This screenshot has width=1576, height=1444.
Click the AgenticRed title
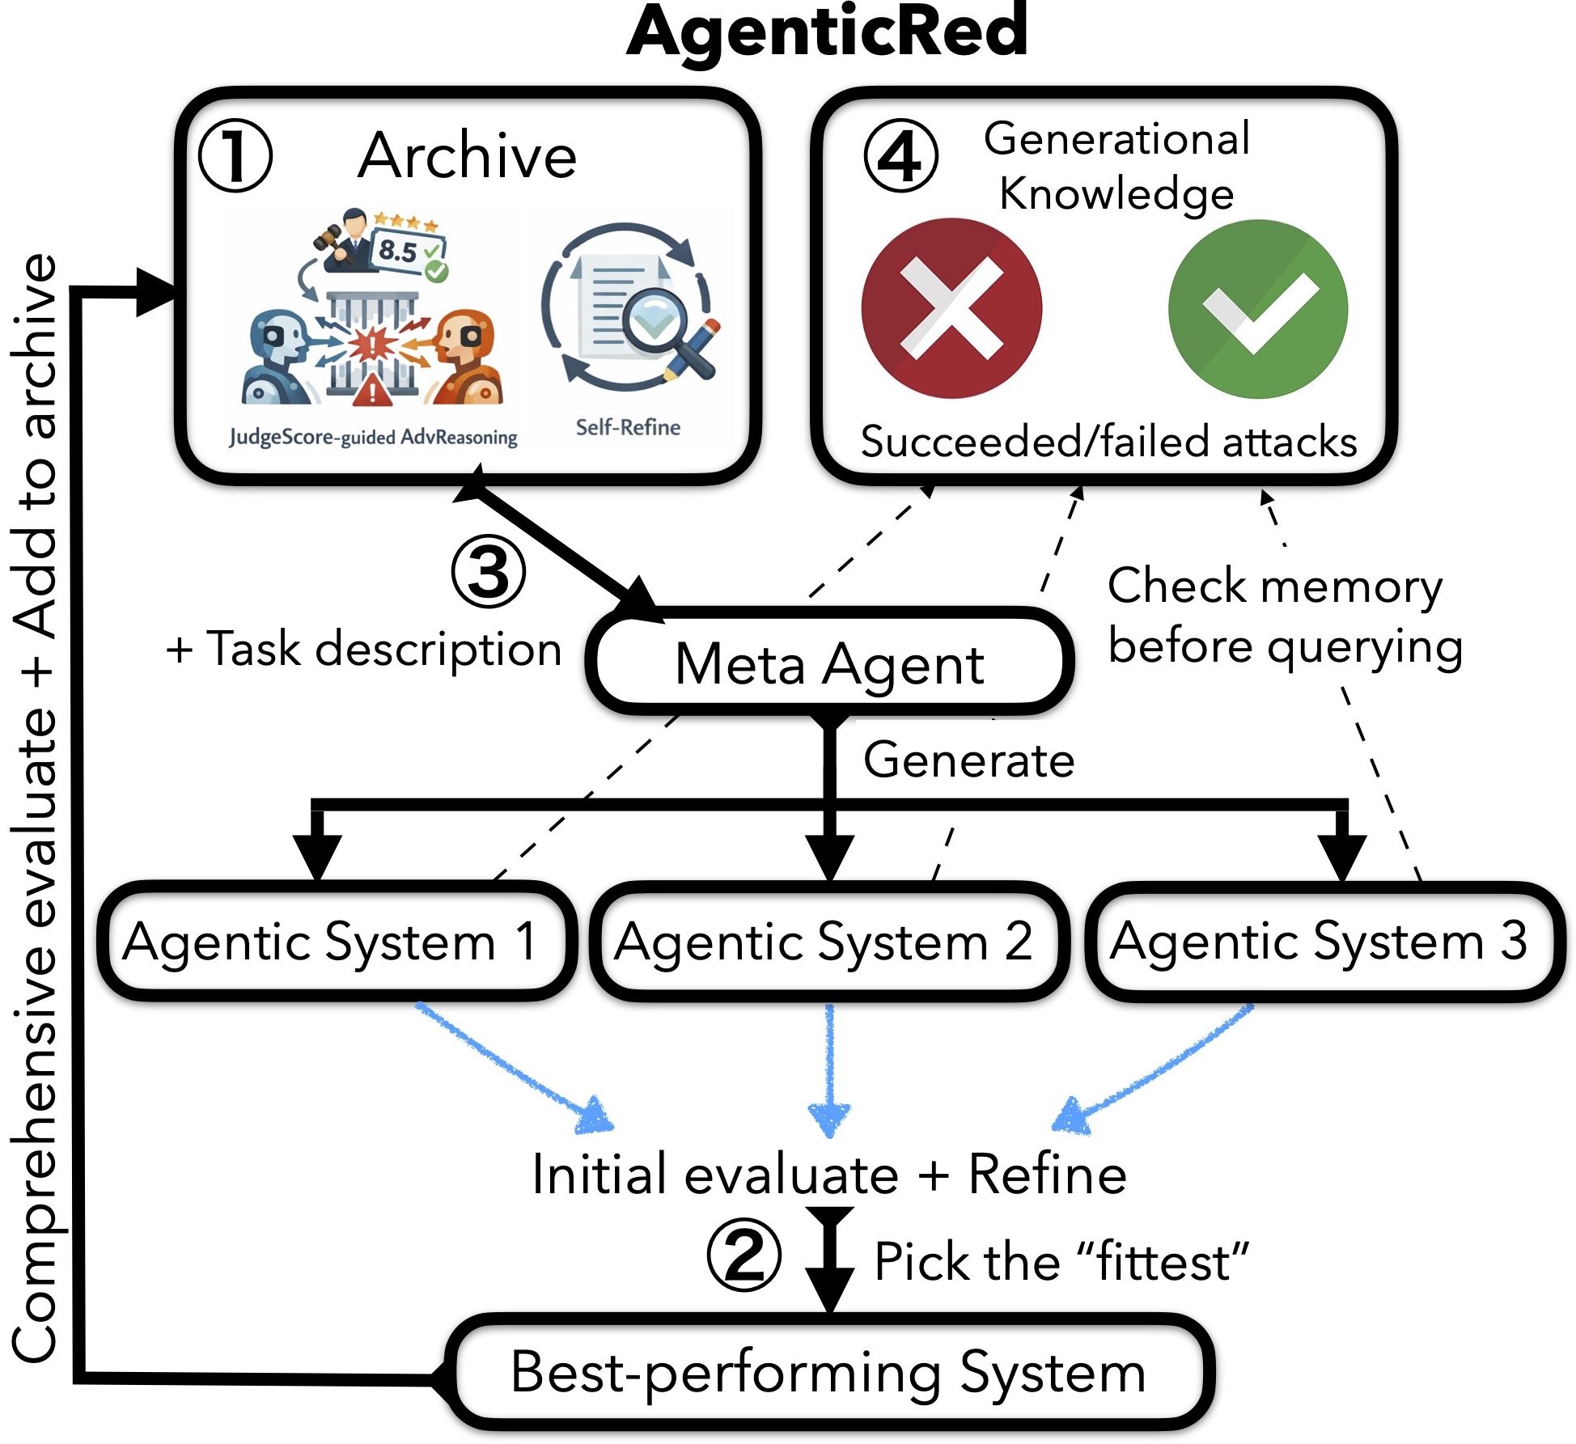[827, 32]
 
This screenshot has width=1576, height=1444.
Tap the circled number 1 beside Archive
[235, 155]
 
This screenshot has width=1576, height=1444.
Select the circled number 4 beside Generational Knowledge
[900, 155]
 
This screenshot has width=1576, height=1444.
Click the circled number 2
[744, 1255]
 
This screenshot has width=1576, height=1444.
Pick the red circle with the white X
[951, 308]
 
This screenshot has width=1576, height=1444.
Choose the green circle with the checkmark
[1258, 309]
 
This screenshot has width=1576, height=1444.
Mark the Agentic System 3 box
[1324, 942]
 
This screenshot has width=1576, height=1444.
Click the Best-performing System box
[830, 1372]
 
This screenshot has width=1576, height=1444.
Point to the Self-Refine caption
[628, 427]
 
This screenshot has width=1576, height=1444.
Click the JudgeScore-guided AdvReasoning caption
[373, 438]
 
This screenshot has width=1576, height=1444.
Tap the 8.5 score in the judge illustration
[398, 250]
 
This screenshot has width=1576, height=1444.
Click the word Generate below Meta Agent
[969, 760]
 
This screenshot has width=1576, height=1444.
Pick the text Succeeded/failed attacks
[1108, 443]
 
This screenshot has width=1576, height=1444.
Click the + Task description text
[364, 649]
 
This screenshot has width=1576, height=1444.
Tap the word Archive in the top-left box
[468, 155]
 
